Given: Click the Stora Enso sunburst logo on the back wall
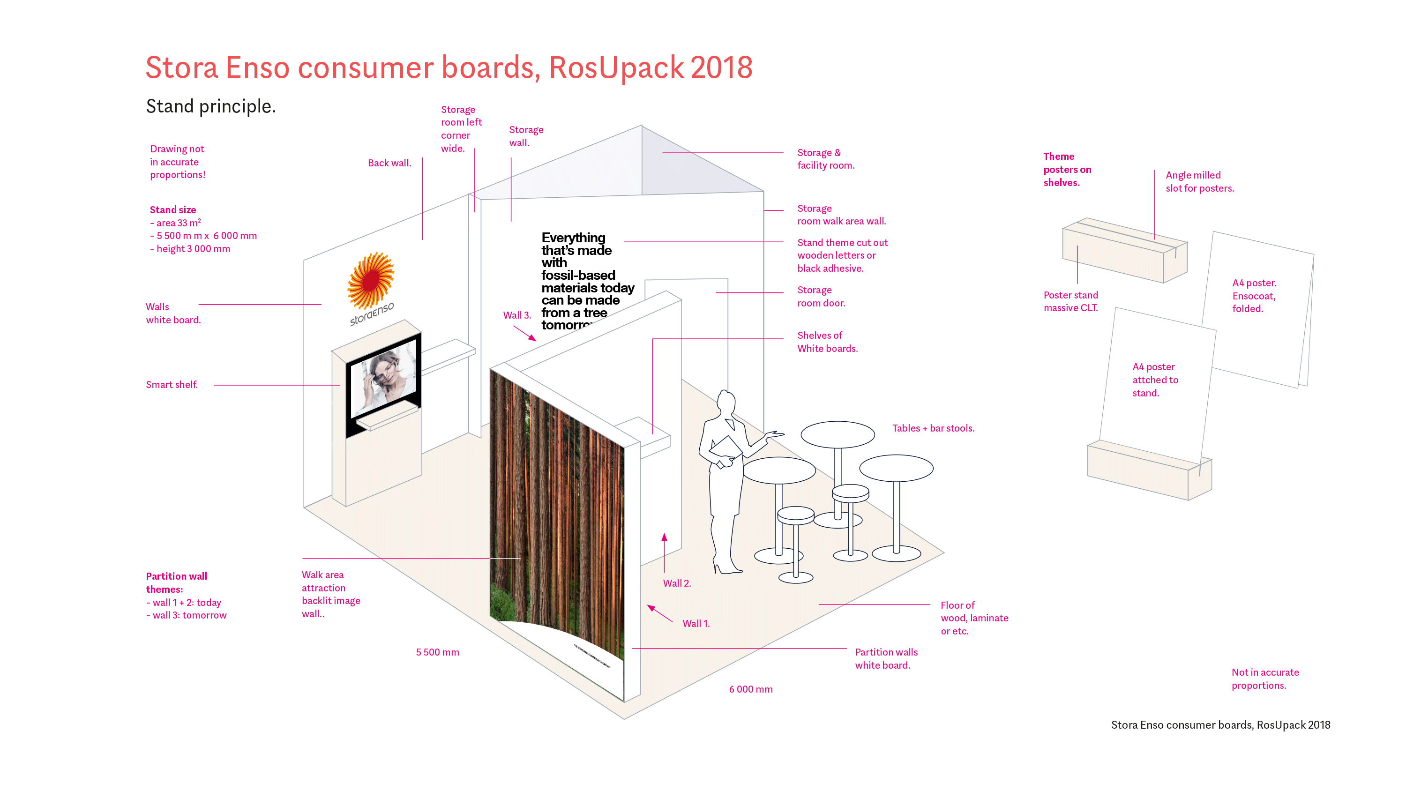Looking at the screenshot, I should (x=371, y=281).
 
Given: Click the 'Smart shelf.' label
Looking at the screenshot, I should (x=172, y=385).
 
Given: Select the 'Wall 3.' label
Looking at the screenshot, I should (x=516, y=315).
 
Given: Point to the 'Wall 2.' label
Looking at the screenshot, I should (x=677, y=583).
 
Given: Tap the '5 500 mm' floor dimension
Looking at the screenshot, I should (x=437, y=652).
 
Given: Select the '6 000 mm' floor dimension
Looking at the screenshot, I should (x=750, y=689).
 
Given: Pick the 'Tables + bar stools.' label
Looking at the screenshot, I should (x=933, y=428).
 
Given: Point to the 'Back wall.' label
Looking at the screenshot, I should (x=389, y=163).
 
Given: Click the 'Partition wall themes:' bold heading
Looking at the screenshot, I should (x=176, y=583).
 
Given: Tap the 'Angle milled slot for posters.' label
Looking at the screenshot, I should (x=1199, y=182).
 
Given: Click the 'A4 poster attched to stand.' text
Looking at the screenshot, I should (x=1155, y=380).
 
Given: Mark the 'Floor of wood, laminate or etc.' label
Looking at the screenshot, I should (x=974, y=618).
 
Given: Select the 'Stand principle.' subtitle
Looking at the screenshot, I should (x=211, y=106).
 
